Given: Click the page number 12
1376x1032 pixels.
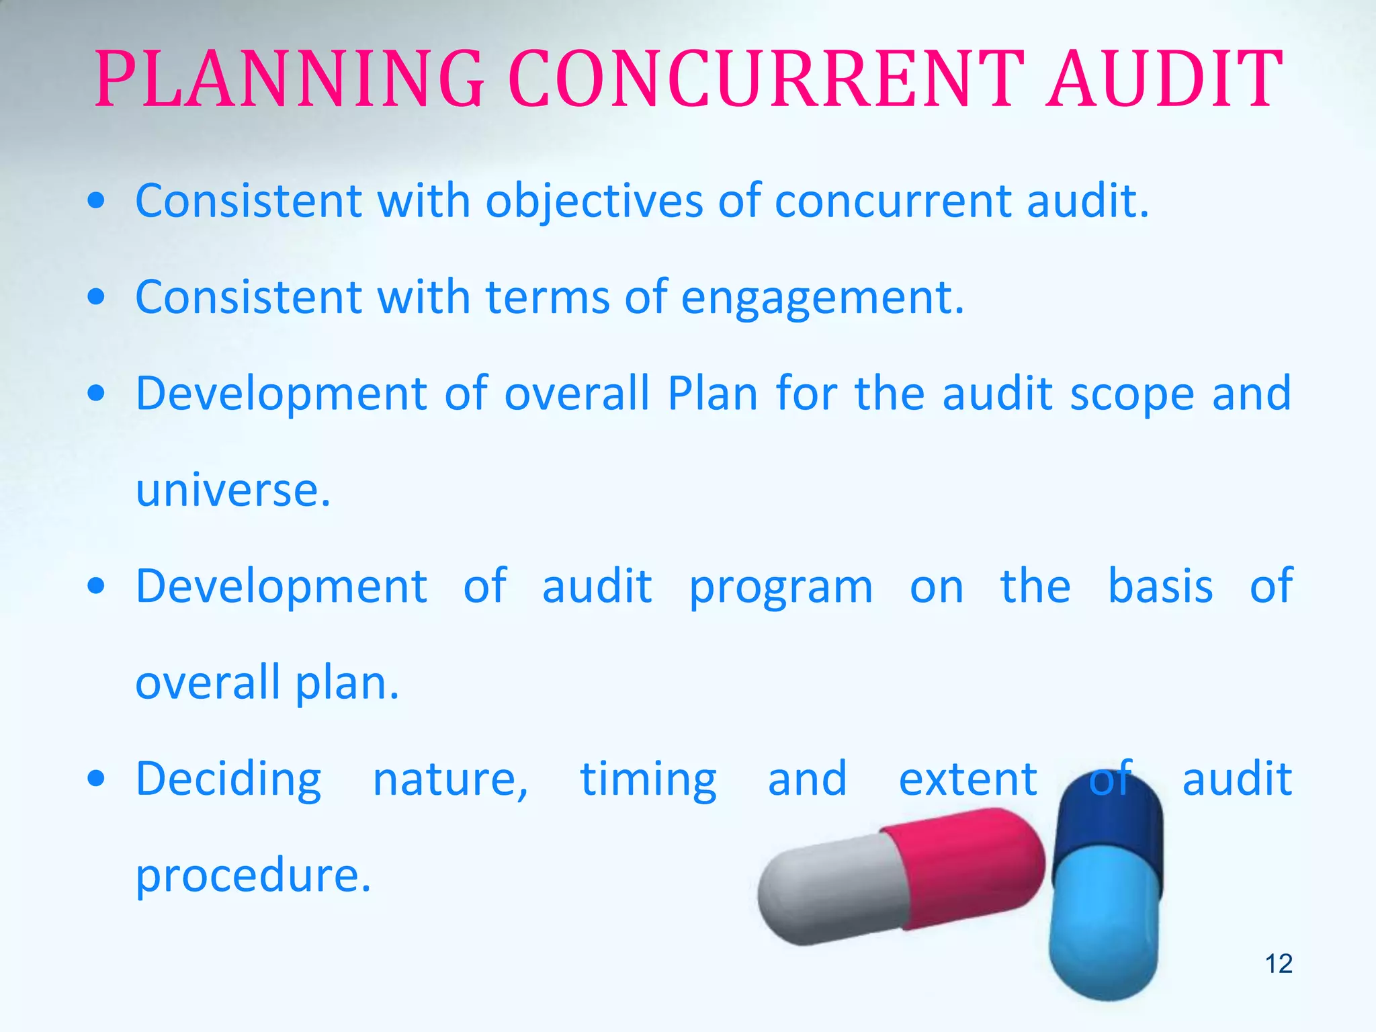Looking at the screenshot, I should tap(1279, 963).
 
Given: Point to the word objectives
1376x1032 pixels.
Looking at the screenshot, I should tap(594, 202).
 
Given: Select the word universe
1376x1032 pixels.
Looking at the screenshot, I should tap(232, 490).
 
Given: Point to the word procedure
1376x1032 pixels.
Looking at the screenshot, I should tap(253, 876).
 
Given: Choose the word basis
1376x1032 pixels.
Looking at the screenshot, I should tap(1160, 586).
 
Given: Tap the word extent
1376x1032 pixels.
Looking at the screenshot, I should tap(967, 779).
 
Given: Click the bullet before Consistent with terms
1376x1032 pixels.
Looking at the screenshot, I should tap(97, 297).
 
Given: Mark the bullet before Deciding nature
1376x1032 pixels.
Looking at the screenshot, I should tap(97, 779).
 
